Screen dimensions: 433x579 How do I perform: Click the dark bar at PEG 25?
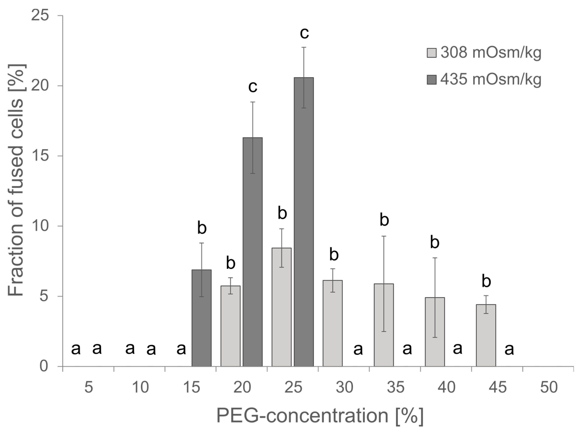tap(304, 222)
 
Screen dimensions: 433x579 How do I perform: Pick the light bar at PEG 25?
tap(281, 307)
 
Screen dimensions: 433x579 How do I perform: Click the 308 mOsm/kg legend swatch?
tap(432, 53)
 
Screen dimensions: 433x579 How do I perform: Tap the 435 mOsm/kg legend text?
tap(491, 79)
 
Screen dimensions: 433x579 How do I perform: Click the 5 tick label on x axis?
tap(89, 387)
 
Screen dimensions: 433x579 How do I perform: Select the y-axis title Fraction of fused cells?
tap(16, 180)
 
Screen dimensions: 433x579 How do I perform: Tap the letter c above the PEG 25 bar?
tap(304, 33)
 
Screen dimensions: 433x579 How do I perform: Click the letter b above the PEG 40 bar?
tap(434, 242)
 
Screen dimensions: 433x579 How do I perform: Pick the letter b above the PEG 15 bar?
tap(202, 228)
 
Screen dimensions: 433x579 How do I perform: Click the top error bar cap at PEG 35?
tap(384, 236)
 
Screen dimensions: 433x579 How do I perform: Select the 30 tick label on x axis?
tap(344, 387)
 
